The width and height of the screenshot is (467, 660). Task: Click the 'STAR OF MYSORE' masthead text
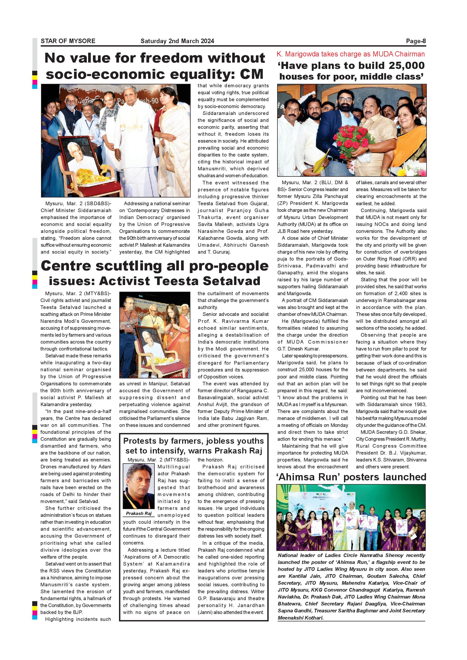coord(68,41)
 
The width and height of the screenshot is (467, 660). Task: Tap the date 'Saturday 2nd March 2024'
coord(177,41)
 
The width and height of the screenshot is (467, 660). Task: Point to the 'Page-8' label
coord(416,41)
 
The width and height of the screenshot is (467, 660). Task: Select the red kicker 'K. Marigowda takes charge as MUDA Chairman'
coord(351,54)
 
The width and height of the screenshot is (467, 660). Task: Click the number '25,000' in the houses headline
coord(407,65)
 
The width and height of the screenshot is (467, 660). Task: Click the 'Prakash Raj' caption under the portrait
coord(139,513)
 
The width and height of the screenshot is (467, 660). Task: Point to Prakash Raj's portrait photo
coord(139,486)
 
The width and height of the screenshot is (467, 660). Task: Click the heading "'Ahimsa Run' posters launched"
coord(351,477)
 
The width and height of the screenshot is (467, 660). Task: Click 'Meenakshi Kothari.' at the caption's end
coord(301,618)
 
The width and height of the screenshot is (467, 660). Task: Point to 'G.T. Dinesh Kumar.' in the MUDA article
coord(298,349)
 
